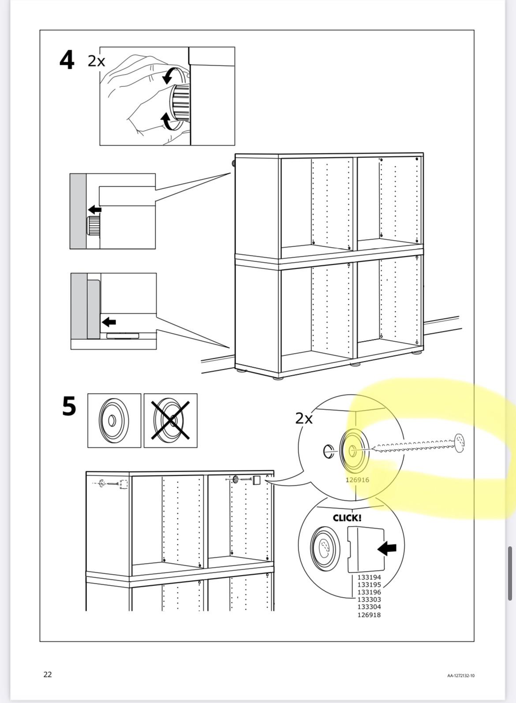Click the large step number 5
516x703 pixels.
pos(69,406)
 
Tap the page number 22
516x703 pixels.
pos(47,674)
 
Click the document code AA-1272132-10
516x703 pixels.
pos(460,676)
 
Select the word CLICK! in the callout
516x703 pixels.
pos(347,518)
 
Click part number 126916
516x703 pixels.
pos(357,480)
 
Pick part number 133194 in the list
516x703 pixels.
pos(369,577)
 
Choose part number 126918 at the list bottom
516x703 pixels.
pos(369,615)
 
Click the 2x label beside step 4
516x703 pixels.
pos(97,61)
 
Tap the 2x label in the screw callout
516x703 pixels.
pos(304,418)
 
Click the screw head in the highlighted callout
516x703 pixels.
pos(459,443)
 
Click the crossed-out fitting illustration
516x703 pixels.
pos(171,421)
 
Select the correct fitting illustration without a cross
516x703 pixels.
pos(114,421)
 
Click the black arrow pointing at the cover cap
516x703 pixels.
pos(387,549)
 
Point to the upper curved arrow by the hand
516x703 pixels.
pos(168,76)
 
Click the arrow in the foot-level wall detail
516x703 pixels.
pos(108,322)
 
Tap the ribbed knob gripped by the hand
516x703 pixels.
pos(180,103)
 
